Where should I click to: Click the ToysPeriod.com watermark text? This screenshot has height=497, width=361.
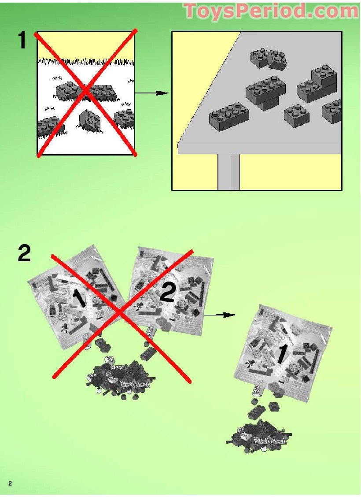[271, 11]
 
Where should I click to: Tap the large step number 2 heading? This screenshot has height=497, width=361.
[25, 254]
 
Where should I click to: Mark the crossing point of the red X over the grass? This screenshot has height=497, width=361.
[87, 93]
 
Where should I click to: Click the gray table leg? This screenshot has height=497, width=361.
[228, 172]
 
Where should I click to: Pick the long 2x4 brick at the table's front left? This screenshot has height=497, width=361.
[229, 116]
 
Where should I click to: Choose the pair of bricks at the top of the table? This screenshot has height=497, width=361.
[268, 59]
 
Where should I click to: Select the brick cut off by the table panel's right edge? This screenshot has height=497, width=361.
[333, 111]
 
